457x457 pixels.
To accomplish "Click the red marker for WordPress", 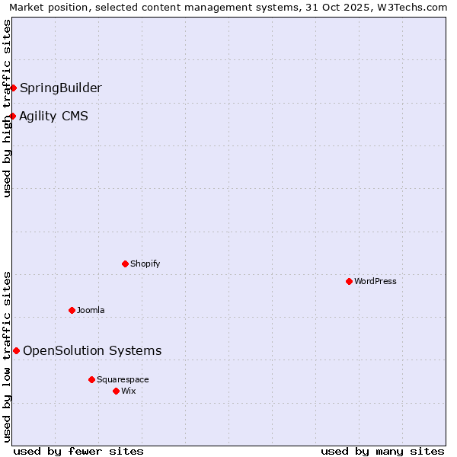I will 349,281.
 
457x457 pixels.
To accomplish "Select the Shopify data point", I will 125,264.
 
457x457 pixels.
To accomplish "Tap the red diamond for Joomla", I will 72,310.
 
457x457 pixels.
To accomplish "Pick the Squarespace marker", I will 91,379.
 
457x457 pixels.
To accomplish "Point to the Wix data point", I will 116,391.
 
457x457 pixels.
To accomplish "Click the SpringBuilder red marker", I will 13,88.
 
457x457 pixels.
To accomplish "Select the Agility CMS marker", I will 13,116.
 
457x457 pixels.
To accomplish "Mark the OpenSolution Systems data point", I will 16,350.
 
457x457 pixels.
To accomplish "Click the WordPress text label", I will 376,281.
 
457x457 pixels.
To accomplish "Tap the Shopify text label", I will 145,264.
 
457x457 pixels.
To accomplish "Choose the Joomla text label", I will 91,310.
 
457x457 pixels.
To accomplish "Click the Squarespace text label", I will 123,379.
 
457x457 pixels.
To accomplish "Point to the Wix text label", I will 129,391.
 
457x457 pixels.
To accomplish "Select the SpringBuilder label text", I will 61,88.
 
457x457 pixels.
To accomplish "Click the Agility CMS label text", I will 53,116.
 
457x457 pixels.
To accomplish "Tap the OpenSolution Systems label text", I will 92,350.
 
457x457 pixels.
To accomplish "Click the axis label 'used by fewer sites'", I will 78,451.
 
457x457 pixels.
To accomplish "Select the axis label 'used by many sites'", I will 382,451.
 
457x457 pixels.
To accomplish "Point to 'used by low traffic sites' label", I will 7,356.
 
